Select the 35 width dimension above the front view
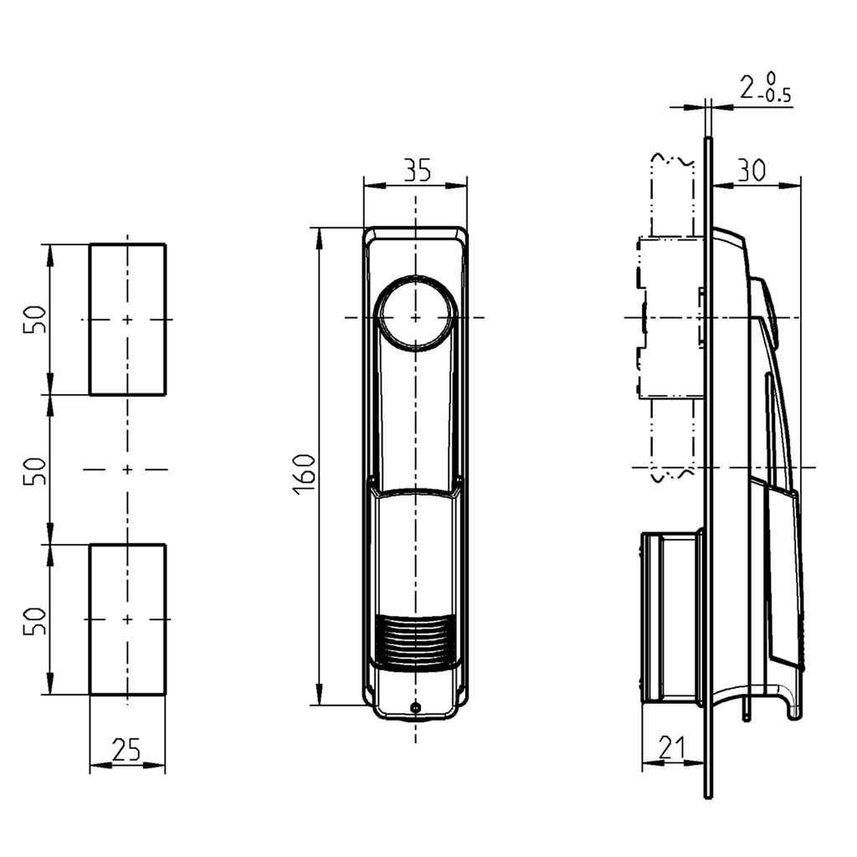point(416,170)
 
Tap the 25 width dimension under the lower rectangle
point(126,751)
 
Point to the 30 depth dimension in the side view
point(751,170)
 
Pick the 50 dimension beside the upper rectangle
point(34,319)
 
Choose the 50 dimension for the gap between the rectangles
point(34,470)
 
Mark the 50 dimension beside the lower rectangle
point(34,620)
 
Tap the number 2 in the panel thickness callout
point(747,86)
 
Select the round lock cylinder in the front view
point(416,317)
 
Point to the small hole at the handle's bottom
point(415,708)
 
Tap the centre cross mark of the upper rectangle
point(127,320)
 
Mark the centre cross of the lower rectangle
point(127,619)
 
